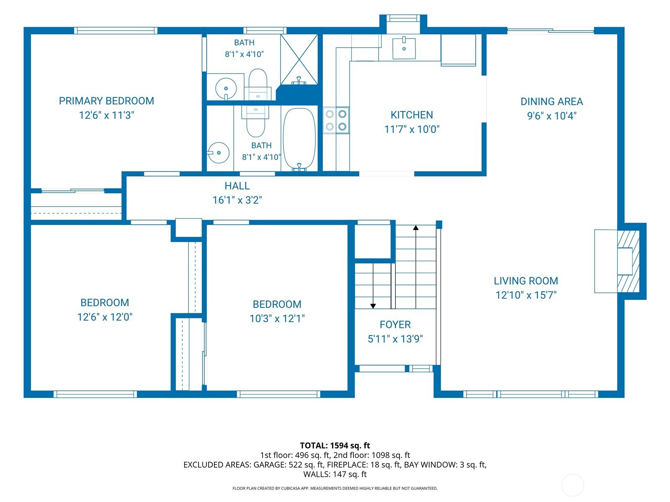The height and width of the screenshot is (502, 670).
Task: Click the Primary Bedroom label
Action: click(106, 101)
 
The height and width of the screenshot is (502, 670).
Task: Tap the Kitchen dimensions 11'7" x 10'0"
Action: click(412, 129)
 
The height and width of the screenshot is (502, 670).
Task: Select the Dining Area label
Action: click(551, 102)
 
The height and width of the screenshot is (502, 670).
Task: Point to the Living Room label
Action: click(526, 281)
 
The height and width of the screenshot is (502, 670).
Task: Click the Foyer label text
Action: click(395, 325)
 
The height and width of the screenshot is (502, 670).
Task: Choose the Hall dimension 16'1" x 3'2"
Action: click(237, 200)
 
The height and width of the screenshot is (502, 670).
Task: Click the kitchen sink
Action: click(404, 48)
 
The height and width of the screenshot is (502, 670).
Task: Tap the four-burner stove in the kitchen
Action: click(336, 120)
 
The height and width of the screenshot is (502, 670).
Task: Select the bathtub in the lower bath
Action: click(299, 139)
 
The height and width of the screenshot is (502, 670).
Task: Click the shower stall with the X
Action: click(299, 59)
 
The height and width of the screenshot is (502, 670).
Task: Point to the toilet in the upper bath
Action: click(258, 85)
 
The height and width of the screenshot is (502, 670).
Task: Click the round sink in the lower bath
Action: click(218, 153)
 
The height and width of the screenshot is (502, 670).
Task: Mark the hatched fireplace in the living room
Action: click(628, 261)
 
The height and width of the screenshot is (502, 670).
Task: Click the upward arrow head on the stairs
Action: click(416, 228)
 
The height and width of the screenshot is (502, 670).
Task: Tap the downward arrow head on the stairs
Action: click(373, 306)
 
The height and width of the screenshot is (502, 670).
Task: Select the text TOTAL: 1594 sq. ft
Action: click(335, 446)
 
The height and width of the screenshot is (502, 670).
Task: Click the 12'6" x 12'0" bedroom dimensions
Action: click(105, 317)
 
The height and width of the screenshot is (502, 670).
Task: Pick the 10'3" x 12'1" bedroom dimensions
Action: click(277, 318)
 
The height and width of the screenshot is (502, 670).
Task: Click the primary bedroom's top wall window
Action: click(116, 31)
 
